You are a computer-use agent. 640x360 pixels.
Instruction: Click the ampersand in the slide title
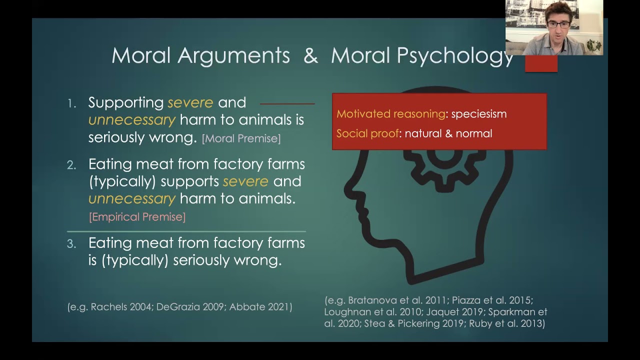pyautogui.click(x=310, y=55)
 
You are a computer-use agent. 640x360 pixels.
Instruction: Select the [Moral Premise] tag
pyautogui.click(x=241, y=138)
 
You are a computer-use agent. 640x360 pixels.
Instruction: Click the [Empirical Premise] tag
pyautogui.click(x=137, y=216)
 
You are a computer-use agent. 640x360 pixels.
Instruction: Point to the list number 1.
pyautogui.click(x=72, y=103)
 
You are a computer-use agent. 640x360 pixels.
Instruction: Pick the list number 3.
pyautogui.click(x=71, y=244)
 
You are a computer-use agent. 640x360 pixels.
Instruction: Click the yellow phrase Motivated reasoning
pyautogui.click(x=390, y=114)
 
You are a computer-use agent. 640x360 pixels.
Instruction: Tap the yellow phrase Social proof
pyautogui.click(x=367, y=133)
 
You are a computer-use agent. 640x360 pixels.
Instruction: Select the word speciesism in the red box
pyautogui.click(x=478, y=114)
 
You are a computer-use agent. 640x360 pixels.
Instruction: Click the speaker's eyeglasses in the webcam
pyautogui.click(x=559, y=24)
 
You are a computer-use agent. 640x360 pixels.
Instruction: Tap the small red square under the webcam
pyautogui.click(x=541, y=63)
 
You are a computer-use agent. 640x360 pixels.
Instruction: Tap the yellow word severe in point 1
pyautogui.click(x=190, y=102)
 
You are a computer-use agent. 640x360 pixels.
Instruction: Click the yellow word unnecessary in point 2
pyautogui.click(x=132, y=198)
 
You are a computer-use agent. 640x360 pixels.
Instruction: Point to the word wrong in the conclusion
pyautogui.click(x=260, y=260)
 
